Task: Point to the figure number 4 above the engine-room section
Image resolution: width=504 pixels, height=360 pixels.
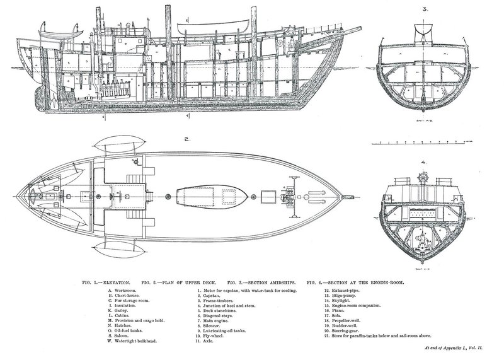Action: (x=423, y=163)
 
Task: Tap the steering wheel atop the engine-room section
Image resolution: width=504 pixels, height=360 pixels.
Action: (x=423, y=175)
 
